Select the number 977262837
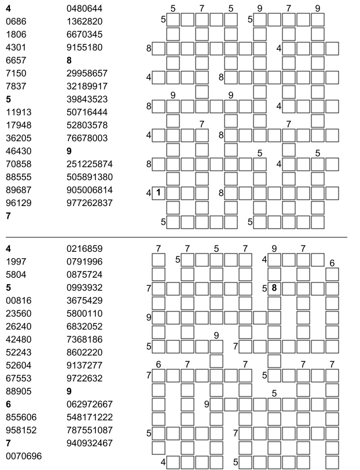tap(90, 203)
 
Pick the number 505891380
tap(90, 177)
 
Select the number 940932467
tap(90, 443)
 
